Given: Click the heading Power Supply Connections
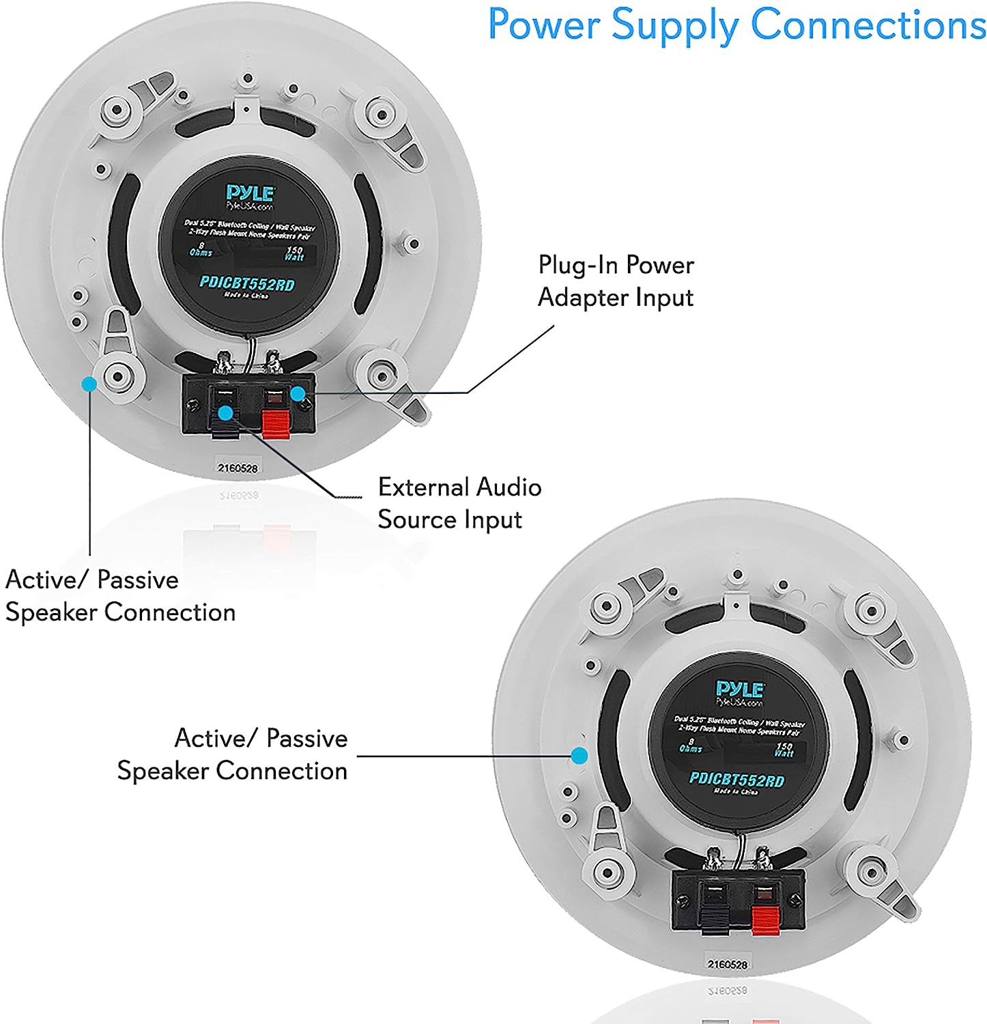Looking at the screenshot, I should (736, 26).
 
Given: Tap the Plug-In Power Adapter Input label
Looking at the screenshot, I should (616, 281).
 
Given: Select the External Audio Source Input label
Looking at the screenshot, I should (459, 503).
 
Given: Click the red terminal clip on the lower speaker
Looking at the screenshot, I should (764, 918).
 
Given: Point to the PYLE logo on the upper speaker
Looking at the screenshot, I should (251, 193).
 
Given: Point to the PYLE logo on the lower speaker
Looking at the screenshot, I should (740, 689).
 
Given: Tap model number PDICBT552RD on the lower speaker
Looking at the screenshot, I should (736, 780).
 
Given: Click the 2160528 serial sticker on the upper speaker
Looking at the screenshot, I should (238, 468).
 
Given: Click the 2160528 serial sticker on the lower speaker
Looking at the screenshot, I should (728, 965).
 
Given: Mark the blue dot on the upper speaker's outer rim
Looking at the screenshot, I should (88, 384).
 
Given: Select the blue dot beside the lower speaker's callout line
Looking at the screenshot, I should (579, 756).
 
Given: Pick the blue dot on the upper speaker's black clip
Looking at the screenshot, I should (225, 412).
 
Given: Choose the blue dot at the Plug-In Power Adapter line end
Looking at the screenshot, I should (297, 393).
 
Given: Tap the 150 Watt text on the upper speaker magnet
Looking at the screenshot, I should (294, 254).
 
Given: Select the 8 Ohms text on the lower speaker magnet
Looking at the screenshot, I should (690, 745).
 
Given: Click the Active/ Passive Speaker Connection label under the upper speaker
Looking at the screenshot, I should (120, 596).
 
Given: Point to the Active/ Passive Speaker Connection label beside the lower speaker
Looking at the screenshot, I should (233, 754).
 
